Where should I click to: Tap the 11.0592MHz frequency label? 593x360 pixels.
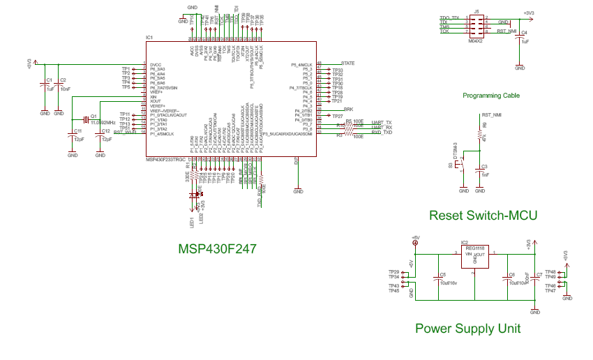[103, 122]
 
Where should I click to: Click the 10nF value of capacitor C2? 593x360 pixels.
[65, 89]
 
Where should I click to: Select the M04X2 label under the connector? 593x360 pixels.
[476, 41]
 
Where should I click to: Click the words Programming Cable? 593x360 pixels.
[490, 95]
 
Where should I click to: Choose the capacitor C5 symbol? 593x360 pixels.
[437, 277]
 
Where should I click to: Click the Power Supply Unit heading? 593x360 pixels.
[467, 328]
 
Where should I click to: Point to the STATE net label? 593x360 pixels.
[347, 63]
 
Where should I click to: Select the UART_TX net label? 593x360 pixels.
[382, 122]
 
